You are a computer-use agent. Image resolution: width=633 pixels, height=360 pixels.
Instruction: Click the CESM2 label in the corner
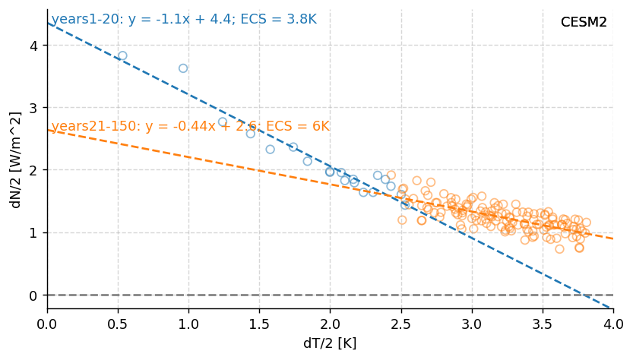tap(584, 23)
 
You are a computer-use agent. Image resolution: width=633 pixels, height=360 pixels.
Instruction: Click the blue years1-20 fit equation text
tap(183, 20)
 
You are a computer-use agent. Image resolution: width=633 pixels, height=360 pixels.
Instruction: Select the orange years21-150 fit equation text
tap(190, 126)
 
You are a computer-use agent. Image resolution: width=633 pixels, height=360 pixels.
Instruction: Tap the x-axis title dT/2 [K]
tap(330, 343)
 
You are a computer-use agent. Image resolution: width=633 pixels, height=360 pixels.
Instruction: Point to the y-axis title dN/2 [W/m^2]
tap(16, 159)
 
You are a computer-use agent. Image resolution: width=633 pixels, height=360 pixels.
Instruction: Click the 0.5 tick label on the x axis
tap(118, 324)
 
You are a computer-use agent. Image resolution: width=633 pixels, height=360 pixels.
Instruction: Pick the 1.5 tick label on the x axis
tap(259, 324)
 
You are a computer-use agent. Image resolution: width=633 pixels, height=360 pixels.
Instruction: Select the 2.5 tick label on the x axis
tap(400, 324)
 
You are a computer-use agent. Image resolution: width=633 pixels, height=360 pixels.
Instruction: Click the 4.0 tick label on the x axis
tap(612, 324)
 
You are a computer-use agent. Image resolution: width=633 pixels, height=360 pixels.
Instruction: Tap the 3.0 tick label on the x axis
tap(471, 324)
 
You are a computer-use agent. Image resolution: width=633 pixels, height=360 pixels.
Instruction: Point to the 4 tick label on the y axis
tap(33, 46)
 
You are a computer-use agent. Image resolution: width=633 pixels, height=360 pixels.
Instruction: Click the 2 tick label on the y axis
tap(33, 170)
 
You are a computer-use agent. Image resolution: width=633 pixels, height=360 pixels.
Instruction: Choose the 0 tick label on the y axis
tap(33, 295)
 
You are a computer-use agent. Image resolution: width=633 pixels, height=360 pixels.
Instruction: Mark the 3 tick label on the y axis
tap(33, 108)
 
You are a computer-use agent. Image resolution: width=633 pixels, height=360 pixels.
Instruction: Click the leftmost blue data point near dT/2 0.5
tap(122, 55)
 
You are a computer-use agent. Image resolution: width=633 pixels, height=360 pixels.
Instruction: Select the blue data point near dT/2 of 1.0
tap(183, 68)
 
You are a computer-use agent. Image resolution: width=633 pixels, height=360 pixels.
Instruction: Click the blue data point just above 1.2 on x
tap(223, 122)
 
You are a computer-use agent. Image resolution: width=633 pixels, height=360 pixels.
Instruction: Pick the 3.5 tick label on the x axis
tap(542, 324)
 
